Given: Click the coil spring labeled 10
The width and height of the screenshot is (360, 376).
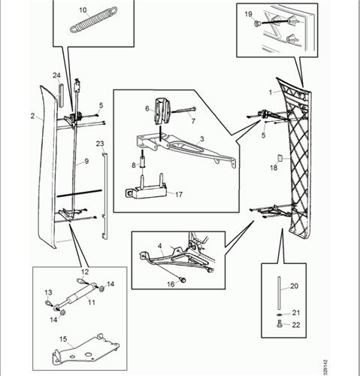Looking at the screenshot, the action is (93, 20).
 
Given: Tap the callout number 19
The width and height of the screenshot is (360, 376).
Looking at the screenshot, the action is (248, 14).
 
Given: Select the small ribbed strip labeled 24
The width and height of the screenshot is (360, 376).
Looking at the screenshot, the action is (61, 95).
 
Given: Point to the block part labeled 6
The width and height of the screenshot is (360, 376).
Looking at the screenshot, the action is (163, 111).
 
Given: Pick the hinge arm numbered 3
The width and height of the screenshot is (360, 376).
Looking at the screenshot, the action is (186, 148).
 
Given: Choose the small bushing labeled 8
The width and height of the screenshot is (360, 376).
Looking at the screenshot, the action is (143, 161).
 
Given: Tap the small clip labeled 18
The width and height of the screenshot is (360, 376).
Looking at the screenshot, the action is (280, 159).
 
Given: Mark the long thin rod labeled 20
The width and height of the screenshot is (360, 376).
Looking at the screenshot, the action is (279, 293).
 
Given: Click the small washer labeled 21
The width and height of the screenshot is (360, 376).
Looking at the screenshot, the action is (279, 314).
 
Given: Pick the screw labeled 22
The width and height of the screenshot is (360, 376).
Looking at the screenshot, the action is (280, 324).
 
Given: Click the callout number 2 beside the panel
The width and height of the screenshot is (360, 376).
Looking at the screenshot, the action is (32, 116).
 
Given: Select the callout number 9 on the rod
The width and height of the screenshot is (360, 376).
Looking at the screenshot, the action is (86, 161).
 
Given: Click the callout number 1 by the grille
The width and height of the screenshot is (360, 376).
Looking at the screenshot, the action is (271, 92).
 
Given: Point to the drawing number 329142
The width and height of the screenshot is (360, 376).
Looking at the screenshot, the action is (325, 367).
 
